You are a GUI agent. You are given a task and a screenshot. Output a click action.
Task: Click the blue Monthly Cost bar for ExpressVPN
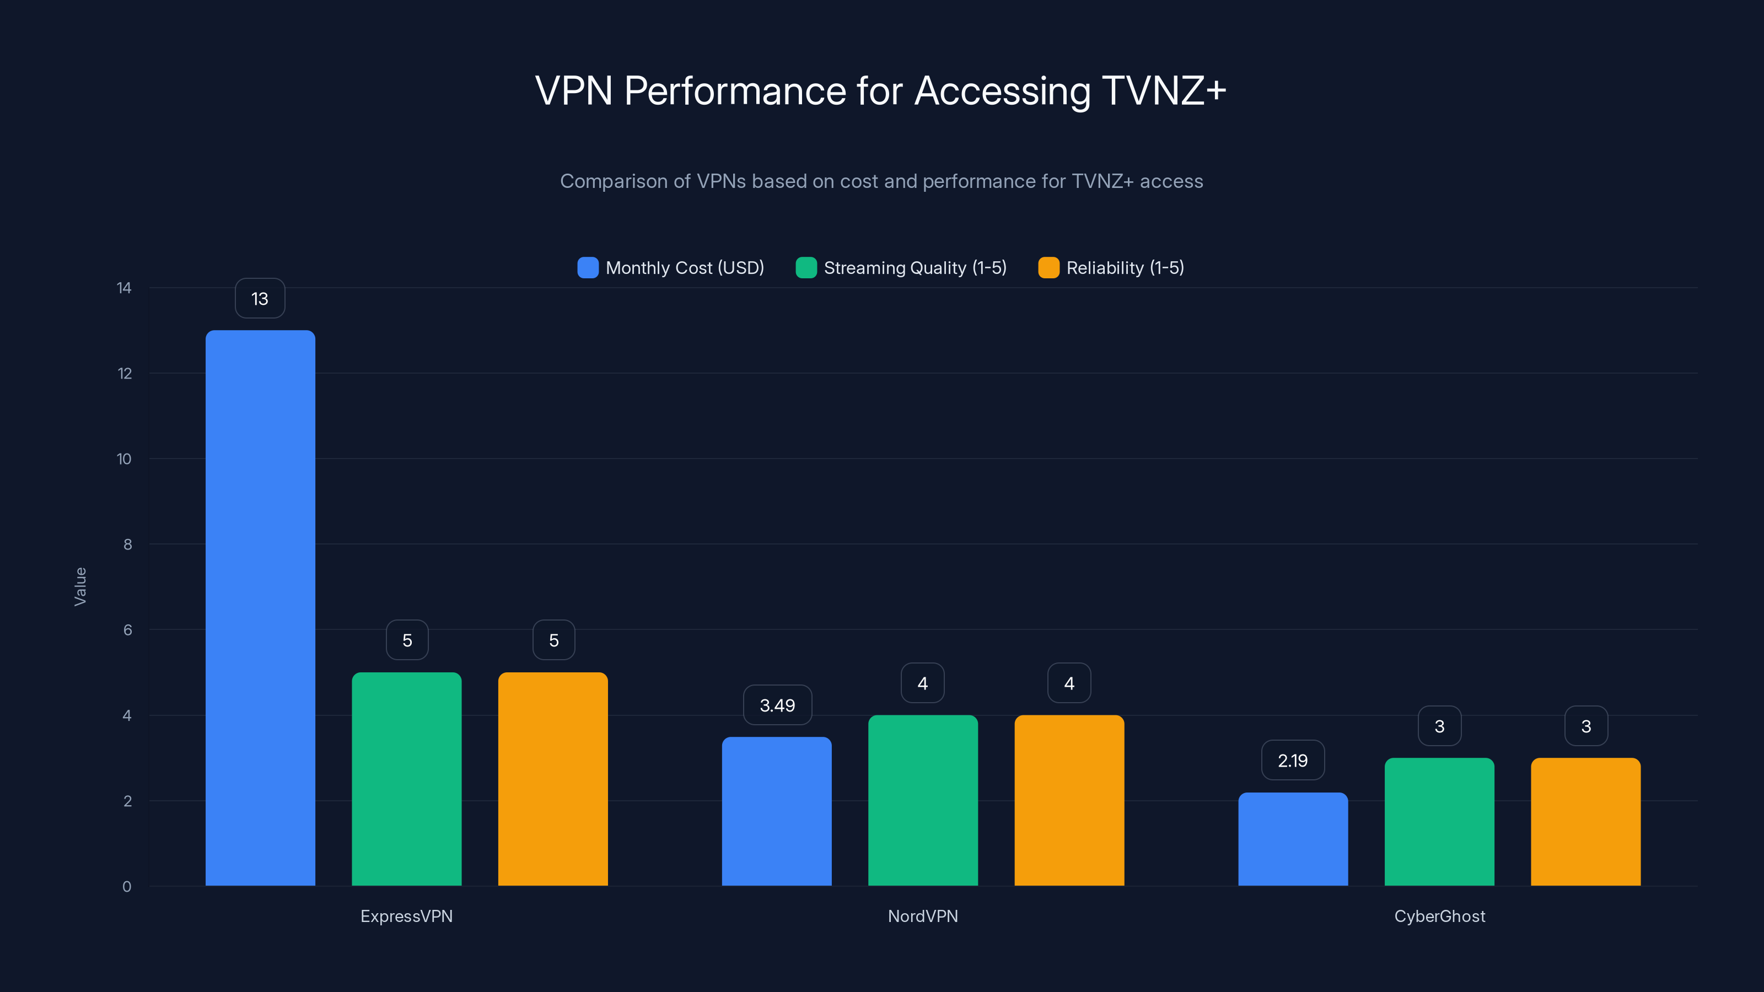click(260, 608)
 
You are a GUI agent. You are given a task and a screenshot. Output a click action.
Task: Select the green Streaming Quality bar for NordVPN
click(922, 800)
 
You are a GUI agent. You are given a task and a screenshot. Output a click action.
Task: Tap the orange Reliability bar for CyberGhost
click(1585, 822)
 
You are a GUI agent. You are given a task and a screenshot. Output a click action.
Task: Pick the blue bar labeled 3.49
click(777, 811)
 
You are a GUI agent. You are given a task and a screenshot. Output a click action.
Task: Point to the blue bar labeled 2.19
click(1293, 839)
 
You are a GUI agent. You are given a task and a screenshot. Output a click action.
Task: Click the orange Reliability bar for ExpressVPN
click(552, 779)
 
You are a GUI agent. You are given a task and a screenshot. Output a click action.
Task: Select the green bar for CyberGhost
click(1439, 822)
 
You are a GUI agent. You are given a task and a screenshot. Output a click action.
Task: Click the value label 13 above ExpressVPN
click(260, 299)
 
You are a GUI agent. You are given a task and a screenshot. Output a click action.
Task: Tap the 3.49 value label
click(777, 705)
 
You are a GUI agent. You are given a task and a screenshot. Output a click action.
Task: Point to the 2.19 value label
click(1293, 761)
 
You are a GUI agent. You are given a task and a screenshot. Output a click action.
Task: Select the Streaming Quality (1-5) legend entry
click(901, 268)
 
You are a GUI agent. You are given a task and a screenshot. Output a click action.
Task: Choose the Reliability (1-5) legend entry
click(1111, 268)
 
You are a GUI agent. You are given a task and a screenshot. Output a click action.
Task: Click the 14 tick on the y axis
click(124, 288)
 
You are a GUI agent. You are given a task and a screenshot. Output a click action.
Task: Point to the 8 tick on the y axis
click(127, 544)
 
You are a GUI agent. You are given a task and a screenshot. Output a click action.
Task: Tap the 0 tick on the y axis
click(127, 887)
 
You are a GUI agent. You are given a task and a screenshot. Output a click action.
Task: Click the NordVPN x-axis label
click(922, 916)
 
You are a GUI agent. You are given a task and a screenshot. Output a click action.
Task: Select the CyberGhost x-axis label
click(1439, 916)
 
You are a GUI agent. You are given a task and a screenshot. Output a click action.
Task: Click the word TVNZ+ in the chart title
click(1163, 91)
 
